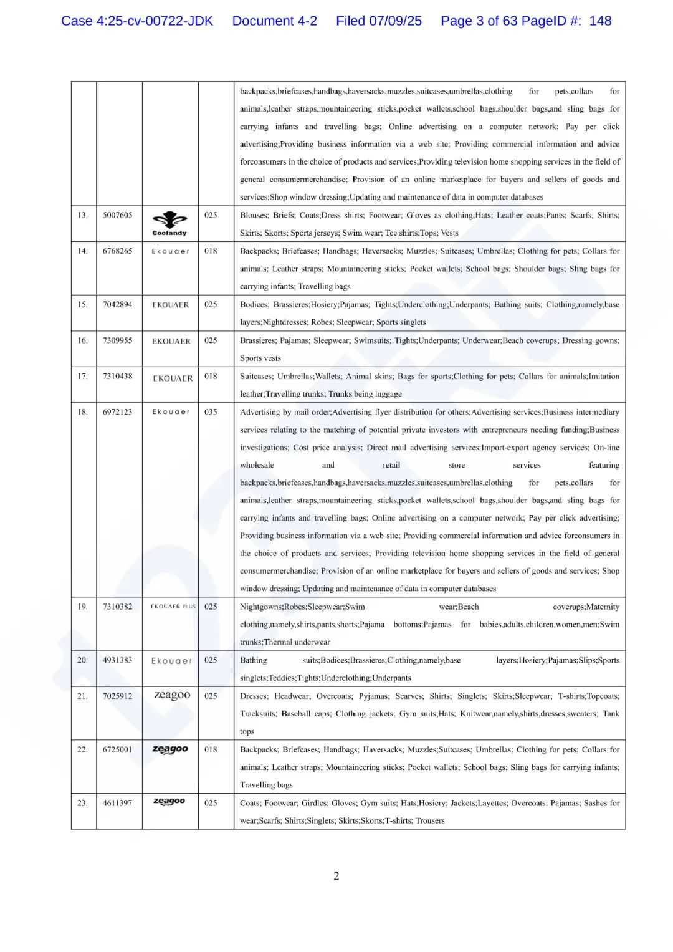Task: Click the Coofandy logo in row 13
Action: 169,223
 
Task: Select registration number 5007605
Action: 118,215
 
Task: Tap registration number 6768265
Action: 118,251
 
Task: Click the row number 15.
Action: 82,305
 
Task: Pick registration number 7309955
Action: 118,341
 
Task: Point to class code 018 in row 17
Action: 211,377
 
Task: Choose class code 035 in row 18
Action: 211,412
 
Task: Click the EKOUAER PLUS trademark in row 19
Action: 173,607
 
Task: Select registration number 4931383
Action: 118,660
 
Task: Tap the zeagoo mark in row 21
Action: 172,695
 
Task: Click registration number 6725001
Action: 118,749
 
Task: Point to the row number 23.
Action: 82,803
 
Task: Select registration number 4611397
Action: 118,803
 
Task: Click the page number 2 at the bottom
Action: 336,876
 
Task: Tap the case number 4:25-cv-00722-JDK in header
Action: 137,21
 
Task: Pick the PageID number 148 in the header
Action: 600,21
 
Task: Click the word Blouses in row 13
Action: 254,215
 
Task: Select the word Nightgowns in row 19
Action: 260,607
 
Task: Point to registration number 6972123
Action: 118,412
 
